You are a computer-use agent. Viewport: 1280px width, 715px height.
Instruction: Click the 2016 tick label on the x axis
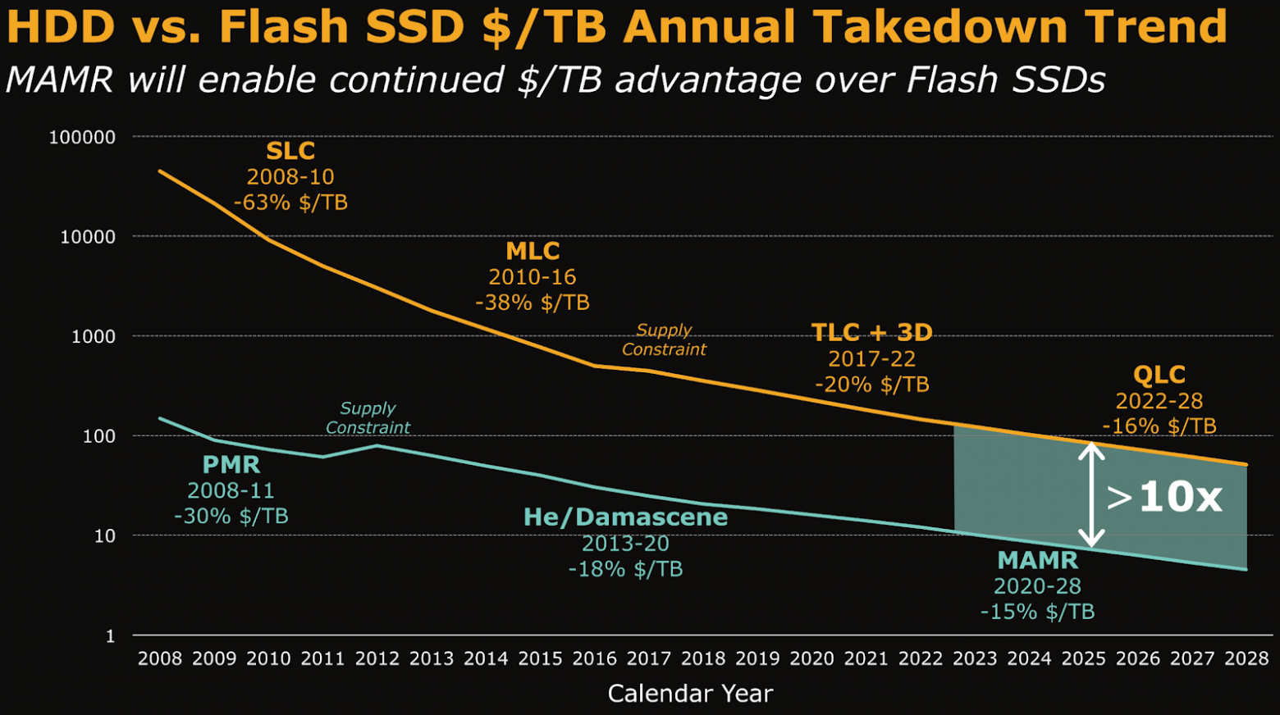(x=594, y=658)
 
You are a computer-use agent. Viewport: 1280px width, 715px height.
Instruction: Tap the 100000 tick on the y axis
(x=82, y=137)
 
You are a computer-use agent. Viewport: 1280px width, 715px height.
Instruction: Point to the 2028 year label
(x=1246, y=658)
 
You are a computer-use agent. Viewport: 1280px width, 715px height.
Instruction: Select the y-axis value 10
(x=104, y=535)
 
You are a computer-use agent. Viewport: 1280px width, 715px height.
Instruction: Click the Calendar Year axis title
(x=690, y=694)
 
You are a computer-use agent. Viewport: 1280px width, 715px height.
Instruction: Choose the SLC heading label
(x=290, y=151)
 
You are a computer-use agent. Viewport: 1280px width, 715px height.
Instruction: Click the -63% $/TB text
(x=290, y=203)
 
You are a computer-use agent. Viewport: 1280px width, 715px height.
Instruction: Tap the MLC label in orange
(x=533, y=251)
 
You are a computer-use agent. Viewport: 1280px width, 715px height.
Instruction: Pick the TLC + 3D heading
(x=871, y=332)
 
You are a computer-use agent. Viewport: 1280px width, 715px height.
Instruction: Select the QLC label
(x=1159, y=375)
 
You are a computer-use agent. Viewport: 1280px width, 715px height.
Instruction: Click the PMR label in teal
(x=231, y=465)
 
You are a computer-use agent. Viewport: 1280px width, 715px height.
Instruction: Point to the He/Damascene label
(x=625, y=517)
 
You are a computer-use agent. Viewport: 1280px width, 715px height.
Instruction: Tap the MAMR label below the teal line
(x=1037, y=561)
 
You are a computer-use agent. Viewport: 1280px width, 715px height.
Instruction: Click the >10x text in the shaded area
(x=1163, y=497)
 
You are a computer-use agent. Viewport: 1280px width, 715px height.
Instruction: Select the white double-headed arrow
(x=1091, y=494)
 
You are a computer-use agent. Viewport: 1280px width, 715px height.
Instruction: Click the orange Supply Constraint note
(x=664, y=339)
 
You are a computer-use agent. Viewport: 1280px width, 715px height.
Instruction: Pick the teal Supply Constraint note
(x=368, y=417)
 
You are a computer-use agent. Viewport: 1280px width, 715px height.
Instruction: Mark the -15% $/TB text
(x=1037, y=612)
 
